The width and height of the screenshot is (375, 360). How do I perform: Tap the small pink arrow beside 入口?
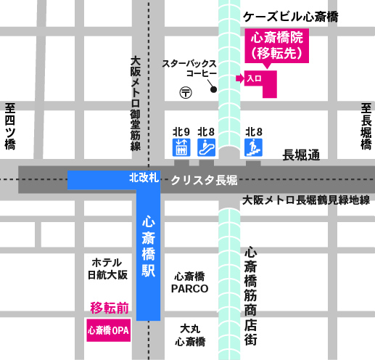(x=240, y=77)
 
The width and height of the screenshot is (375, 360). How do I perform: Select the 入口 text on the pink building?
(x=254, y=77)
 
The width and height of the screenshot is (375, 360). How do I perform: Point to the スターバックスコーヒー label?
(x=190, y=69)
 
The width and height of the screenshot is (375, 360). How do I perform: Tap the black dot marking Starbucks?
(x=214, y=90)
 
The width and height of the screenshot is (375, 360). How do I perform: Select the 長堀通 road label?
(x=300, y=154)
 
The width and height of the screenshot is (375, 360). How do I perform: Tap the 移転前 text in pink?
(x=109, y=308)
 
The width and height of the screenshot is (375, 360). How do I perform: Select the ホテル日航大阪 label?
(x=107, y=269)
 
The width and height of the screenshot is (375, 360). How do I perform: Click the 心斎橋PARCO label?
(x=190, y=282)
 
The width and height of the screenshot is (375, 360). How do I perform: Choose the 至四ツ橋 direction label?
(x=9, y=126)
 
